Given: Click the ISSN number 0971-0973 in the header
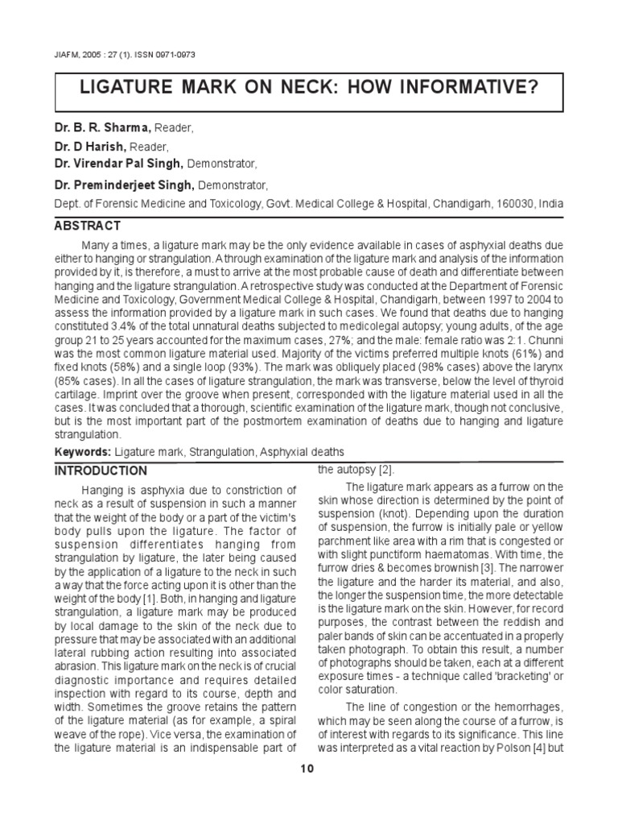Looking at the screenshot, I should pyautogui.click(x=173, y=54).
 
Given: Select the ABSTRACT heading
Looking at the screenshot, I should pyautogui.click(x=88, y=226).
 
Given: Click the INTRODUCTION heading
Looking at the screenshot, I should pyautogui.click(x=101, y=471).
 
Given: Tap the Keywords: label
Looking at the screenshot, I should pyautogui.click(x=83, y=452).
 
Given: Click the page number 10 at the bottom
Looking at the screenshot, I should pyautogui.click(x=308, y=769).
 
